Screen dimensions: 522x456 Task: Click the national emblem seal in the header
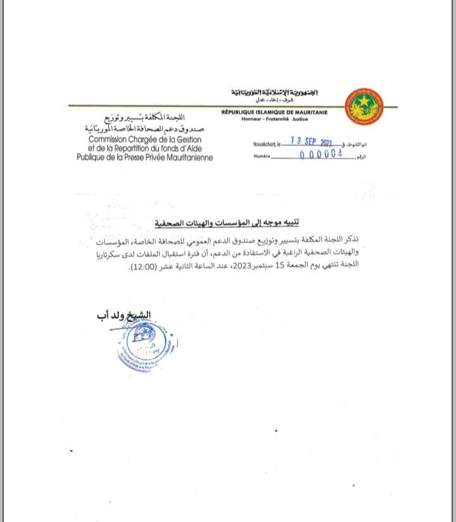364,106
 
